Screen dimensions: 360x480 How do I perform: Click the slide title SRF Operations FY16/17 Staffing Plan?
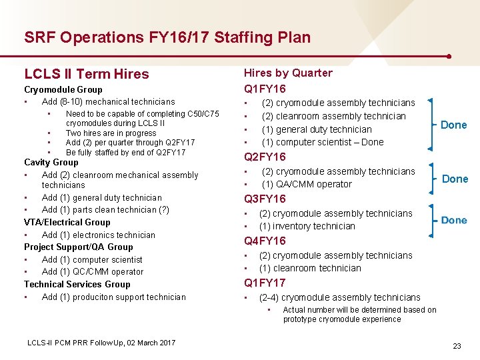tap(167, 37)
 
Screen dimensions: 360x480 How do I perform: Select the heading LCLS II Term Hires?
tap(87, 74)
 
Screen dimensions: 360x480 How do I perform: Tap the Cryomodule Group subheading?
tap(63, 89)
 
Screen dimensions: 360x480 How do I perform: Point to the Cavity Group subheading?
tap(51, 162)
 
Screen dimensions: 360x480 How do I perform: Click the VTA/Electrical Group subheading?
tap(67, 222)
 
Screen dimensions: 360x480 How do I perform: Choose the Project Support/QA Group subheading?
tap(79, 247)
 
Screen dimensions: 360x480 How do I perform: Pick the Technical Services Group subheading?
tap(77, 284)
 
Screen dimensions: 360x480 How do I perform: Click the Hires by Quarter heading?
tap(288, 73)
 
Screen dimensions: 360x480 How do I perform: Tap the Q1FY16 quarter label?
tap(265, 89)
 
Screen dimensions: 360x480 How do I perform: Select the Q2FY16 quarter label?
tap(265, 157)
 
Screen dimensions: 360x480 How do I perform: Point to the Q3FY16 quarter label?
tap(265, 199)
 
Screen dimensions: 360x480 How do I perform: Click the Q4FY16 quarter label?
tap(265, 241)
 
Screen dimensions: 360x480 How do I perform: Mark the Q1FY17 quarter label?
tap(265, 283)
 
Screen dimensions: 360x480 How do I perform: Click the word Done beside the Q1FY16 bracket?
tap(454, 125)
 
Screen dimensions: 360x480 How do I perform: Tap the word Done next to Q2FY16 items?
tap(455, 179)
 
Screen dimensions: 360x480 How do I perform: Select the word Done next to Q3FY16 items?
tap(454, 220)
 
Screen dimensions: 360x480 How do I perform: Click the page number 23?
tap(457, 346)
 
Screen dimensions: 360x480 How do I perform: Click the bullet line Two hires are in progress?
tap(111, 133)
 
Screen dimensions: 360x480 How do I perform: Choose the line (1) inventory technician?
tap(307, 226)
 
